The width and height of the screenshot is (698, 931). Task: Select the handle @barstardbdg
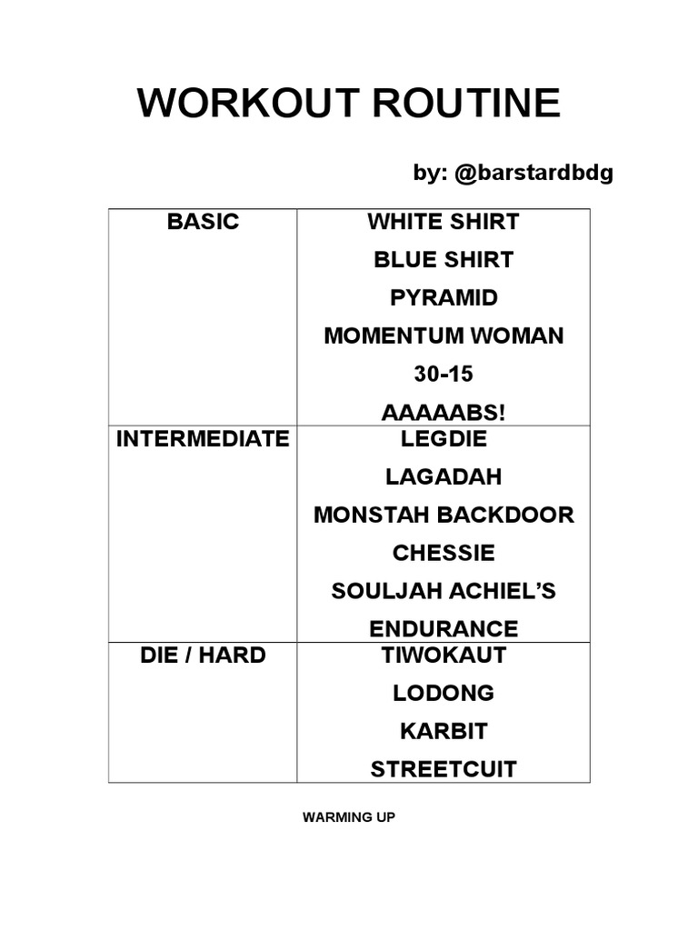click(x=532, y=174)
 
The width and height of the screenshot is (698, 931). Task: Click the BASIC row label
click(x=203, y=222)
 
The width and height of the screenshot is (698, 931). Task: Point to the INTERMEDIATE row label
click(x=203, y=439)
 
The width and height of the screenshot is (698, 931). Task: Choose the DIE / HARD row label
click(x=203, y=655)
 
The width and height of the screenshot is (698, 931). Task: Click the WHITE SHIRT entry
click(x=444, y=222)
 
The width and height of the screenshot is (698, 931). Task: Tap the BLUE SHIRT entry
click(x=444, y=260)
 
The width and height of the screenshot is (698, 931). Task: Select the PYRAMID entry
click(x=444, y=298)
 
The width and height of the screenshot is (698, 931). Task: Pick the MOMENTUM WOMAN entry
click(x=444, y=336)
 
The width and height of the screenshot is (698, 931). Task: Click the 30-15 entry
click(x=444, y=375)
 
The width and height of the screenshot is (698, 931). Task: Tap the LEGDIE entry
click(x=444, y=439)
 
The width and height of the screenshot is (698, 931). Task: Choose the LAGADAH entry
click(x=444, y=477)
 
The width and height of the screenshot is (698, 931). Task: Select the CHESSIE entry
click(x=444, y=554)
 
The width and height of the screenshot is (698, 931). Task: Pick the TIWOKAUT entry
click(x=444, y=655)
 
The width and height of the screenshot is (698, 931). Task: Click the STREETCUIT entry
click(x=444, y=770)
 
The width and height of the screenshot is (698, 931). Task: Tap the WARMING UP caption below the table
click(x=349, y=817)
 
